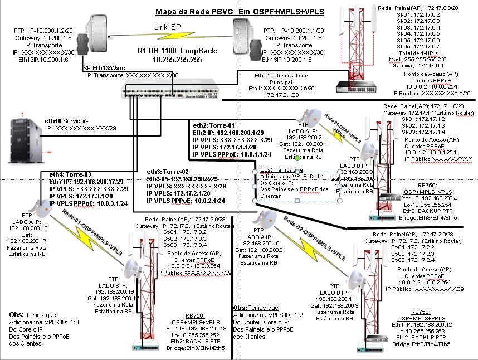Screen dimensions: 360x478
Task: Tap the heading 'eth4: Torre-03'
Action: pos(70,174)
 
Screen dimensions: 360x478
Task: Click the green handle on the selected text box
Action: pos(297,159)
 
